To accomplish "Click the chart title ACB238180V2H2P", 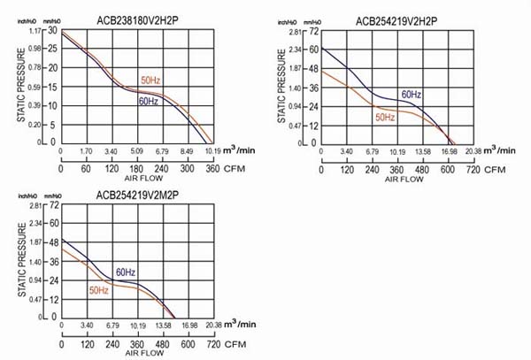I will click(x=135, y=12).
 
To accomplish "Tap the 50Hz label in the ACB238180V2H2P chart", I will click(x=151, y=81).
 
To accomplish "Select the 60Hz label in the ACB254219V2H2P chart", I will click(x=411, y=95).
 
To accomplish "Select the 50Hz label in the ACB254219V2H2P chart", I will click(x=385, y=117).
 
